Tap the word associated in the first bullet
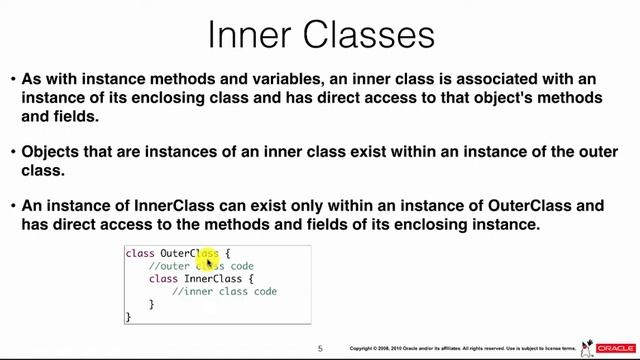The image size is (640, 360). click(521, 78)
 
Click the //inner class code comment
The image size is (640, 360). click(224, 292)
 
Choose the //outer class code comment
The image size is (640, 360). click(201, 267)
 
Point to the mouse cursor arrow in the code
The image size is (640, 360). click(210, 263)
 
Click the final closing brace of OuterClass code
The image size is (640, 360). click(128, 317)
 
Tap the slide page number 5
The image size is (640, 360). click(320, 348)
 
